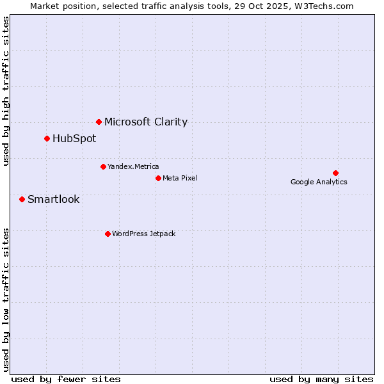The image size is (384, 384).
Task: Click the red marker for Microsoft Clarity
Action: (99, 122)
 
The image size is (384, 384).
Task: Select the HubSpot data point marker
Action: (47, 138)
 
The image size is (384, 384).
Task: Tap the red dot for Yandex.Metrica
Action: (103, 166)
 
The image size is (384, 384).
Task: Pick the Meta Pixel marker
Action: (158, 178)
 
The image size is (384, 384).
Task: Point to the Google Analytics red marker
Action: (335, 173)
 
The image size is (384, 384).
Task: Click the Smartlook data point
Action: (22, 199)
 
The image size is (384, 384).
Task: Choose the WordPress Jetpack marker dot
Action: (108, 234)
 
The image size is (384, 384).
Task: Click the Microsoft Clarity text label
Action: (146, 122)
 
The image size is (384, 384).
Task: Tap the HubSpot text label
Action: (74, 138)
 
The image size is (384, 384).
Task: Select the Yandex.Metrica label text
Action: (133, 166)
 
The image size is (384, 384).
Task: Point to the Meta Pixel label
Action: (180, 178)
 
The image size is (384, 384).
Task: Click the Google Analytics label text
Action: (319, 182)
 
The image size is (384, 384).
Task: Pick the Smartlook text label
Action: (54, 199)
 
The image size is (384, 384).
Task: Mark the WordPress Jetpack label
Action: (143, 234)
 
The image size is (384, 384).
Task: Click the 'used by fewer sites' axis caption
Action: (66, 379)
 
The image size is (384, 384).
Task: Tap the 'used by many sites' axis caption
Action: (321, 379)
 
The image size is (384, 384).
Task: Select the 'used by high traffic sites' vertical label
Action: (6, 91)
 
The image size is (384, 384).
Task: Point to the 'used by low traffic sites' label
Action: (6, 299)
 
